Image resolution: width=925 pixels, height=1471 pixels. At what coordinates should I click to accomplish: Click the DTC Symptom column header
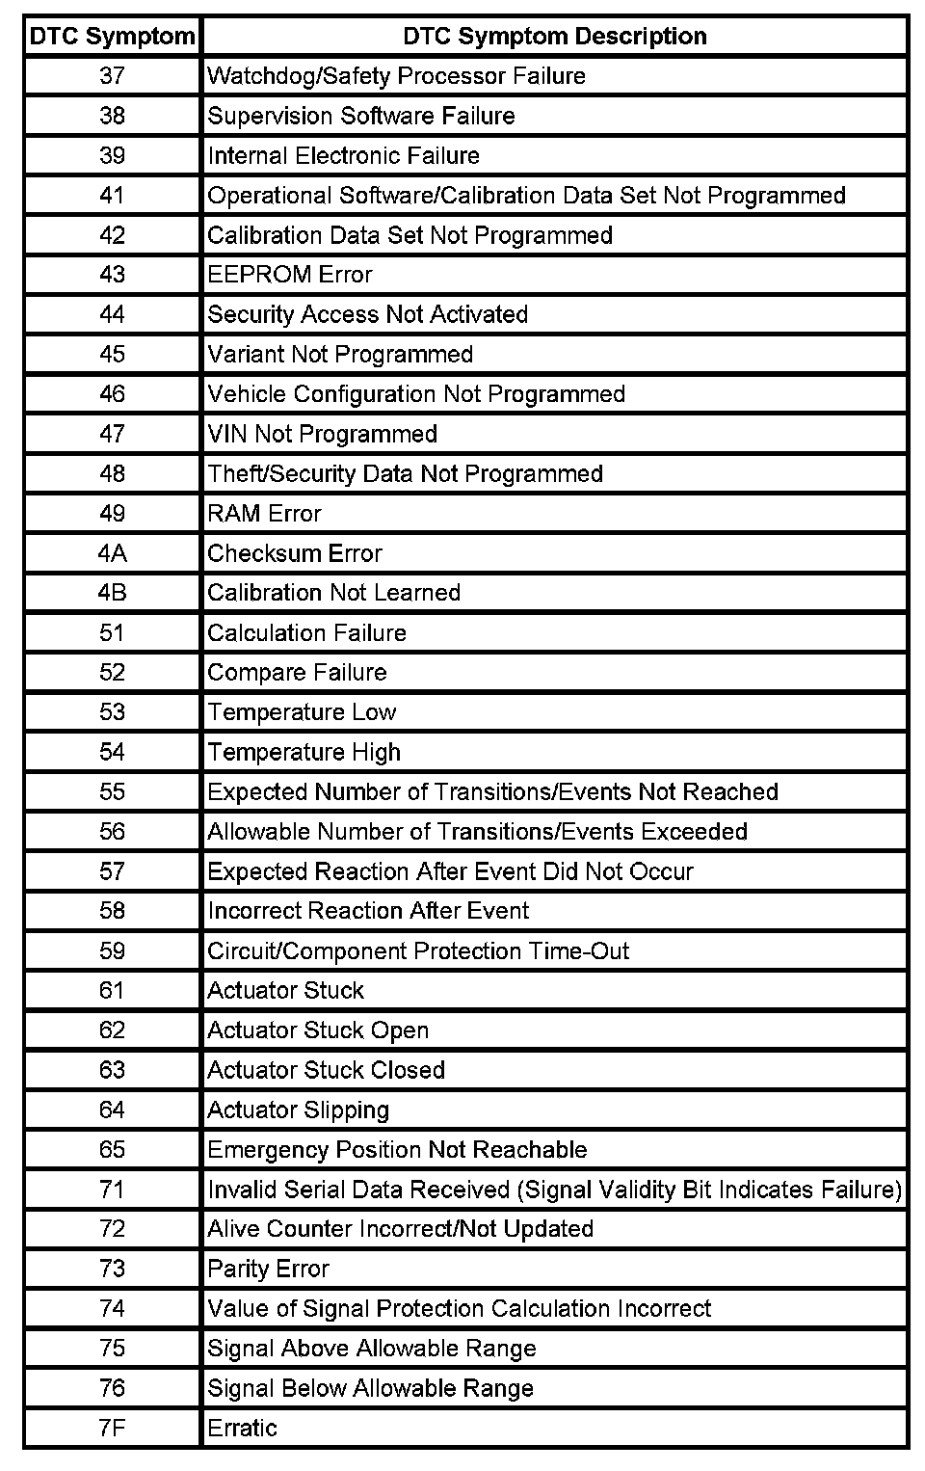click(112, 37)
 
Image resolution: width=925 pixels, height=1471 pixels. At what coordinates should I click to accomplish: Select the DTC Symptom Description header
click(554, 37)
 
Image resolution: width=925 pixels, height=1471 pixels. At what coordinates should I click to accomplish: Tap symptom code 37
click(112, 76)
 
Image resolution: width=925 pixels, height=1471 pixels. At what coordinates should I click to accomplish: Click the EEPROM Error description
click(290, 275)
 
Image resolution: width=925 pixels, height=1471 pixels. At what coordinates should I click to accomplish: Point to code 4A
click(112, 553)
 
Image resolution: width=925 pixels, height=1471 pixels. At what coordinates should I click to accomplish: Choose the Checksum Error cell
click(295, 553)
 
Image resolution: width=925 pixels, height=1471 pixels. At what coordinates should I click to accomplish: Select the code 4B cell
click(112, 593)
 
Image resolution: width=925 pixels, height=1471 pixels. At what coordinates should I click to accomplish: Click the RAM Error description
click(264, 514)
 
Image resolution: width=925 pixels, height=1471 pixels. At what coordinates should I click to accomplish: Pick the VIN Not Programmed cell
click(322, 434)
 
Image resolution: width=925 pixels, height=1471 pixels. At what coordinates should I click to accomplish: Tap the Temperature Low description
click(302, 712)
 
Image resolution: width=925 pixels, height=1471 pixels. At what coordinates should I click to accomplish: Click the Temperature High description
click(304, 752)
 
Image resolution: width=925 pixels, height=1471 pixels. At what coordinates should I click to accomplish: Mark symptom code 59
click(112, 951)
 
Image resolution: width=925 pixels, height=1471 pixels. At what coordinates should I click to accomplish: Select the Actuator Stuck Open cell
click(318, 1030)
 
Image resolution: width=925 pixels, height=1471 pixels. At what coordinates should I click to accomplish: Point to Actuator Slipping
click(298, 1110)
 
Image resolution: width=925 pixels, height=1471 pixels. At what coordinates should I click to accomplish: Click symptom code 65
click(112, 1150)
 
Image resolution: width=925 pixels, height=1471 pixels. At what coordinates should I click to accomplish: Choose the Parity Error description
click(268, 1270)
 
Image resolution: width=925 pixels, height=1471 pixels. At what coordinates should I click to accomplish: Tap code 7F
click(112, 1429)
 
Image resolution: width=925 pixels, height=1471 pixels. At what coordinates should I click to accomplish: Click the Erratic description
click(242, 1429)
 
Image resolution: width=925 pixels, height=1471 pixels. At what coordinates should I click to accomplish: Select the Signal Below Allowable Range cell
click(370, 1389)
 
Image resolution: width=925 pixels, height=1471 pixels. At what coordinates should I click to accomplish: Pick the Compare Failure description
click(297, 673)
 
